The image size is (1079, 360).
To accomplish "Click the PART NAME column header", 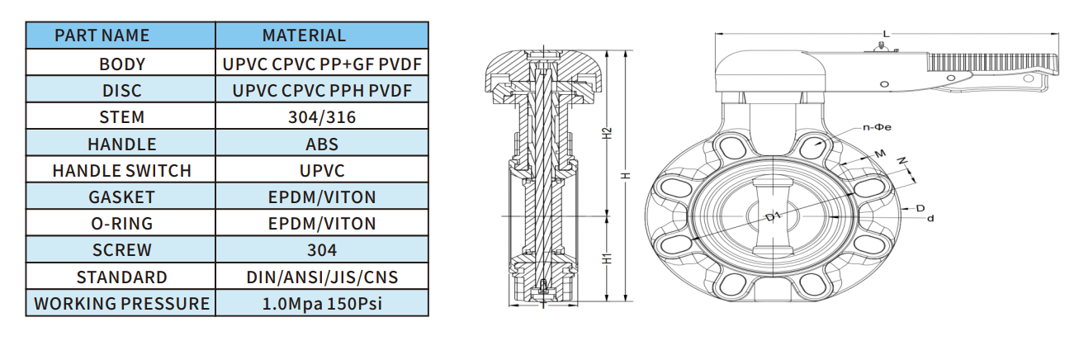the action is click(x=102, y=36).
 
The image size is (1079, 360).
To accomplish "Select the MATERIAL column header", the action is click(x=304, y=36).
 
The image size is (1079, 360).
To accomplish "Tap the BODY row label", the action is click(x=122, y=64).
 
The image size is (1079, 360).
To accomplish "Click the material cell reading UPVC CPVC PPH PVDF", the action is click(x=322, y=91).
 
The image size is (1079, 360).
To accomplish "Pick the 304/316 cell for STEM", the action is click(x=322, y=117).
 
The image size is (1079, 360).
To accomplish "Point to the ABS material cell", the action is click(x=322, y=144).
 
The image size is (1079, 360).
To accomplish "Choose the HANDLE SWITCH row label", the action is click(x=122, y=171).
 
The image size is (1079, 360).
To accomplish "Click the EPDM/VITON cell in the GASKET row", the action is click(x=322, y=197).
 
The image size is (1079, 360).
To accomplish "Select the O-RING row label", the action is click(x=122, y=224).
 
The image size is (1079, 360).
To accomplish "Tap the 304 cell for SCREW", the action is click(x=322, y=250).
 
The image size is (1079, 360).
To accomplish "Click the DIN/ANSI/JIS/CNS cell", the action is click(x=322, y=277).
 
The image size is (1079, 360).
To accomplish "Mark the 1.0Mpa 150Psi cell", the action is click(x=322, y=304).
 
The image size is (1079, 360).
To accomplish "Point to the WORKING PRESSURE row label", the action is click(x=122, y=304).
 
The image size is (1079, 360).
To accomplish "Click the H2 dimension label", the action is click(x=608, y=133).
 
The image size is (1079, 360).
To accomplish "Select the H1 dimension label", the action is click(x=608, y=258).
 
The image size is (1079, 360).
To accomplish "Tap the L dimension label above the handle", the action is click(x=886, y=34).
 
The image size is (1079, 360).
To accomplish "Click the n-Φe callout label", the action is click(x=877, y=127).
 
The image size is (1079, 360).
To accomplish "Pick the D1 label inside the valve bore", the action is click(x=773, y=217).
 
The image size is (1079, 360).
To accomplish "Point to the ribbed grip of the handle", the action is click(x=991, y=63).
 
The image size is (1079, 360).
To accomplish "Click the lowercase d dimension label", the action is click(x=930, y=218).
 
